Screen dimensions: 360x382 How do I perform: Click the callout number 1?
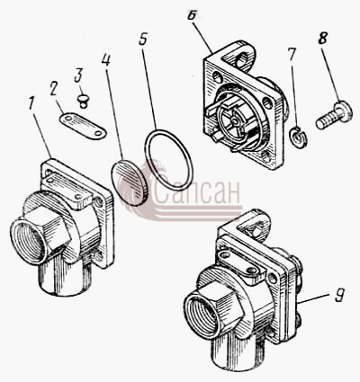(x=31, y=103)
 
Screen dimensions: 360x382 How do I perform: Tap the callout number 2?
(x=54, y=89)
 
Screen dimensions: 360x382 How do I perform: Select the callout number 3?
(x=78, y=75)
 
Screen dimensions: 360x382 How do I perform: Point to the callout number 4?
(x=105, y=60)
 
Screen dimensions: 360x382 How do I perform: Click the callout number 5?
(x=143, y=38)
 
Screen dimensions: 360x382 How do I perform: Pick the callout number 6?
(x=192, y=14)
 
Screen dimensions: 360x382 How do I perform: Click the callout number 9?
(x=339, y=295)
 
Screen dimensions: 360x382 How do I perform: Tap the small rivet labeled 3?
(x=84, y=101)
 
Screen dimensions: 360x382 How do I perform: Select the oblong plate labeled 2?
(x=83, y=126)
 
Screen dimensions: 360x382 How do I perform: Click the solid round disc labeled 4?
(x=130, y=182)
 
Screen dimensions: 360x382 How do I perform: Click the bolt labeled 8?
(x=333, y=116)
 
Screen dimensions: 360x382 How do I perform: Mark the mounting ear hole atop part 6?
(x=242, y=61)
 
